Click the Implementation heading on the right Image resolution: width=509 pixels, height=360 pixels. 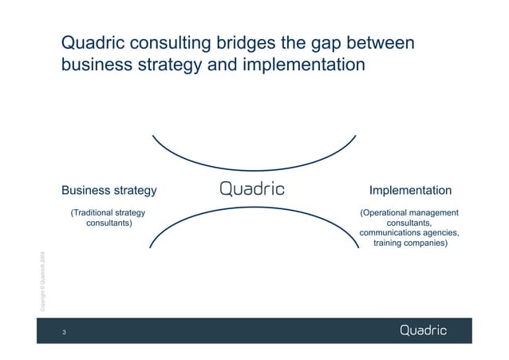point(410,191)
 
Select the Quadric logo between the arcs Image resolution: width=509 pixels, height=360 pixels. point(252,190)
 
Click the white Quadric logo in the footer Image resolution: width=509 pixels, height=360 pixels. point(423,330)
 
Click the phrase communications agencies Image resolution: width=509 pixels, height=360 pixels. point(409,233)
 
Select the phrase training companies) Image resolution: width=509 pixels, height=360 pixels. point(410,243)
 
